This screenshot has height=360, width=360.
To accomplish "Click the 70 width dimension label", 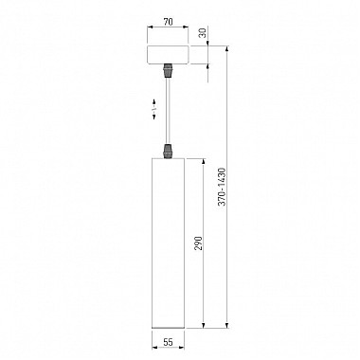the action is [x=168, y=22].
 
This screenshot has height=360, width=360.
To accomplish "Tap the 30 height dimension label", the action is [x=204, y=33].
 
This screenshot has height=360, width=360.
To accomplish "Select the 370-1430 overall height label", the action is [x=223, y=187].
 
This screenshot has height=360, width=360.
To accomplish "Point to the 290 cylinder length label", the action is [x=198, y=243].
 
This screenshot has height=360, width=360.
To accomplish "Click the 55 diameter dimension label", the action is [x=168, y=342].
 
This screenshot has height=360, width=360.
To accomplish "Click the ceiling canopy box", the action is [x=168, y=55].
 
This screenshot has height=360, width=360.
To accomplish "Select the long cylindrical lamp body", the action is [x=168, y=243].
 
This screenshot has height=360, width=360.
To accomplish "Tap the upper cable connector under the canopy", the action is [x=168, y=70].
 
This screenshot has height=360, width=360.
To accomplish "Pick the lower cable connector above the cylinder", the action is [x=168, y=151].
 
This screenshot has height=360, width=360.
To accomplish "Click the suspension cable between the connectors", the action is [x=168, y=111].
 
